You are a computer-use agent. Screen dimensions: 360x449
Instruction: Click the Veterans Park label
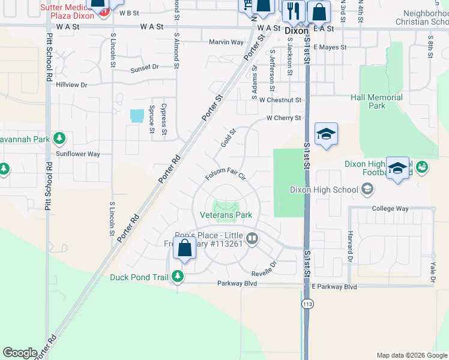226,214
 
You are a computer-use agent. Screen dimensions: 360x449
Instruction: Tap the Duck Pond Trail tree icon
177,277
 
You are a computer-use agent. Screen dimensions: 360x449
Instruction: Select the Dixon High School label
324,190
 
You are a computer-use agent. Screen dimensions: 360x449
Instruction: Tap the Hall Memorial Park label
376,101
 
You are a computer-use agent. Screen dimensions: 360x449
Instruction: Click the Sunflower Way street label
78,154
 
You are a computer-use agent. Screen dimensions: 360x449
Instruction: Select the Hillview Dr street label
71,85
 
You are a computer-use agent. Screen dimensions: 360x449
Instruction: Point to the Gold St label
226,138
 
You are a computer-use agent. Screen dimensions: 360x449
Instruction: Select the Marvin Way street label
226,42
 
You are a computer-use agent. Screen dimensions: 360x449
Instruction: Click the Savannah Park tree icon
59,139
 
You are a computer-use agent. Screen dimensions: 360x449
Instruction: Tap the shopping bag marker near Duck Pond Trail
185,248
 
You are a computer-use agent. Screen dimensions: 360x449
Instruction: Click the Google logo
20,353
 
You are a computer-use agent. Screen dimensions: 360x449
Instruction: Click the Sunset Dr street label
145,67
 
